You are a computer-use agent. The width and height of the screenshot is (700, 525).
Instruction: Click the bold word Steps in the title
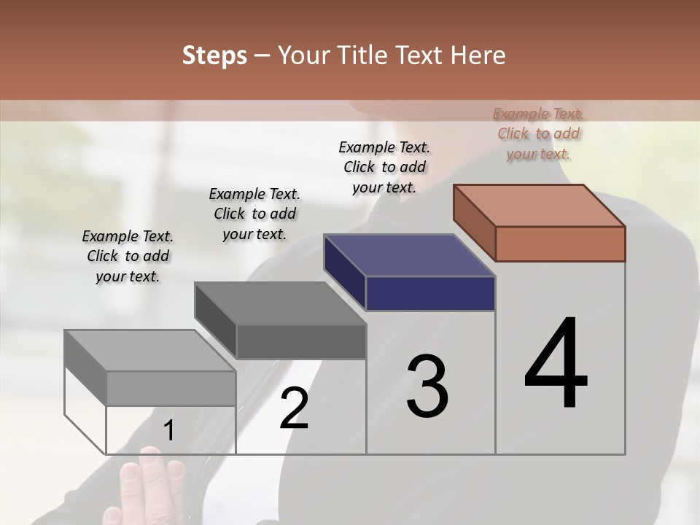pyautogui.click(x=214, y=55)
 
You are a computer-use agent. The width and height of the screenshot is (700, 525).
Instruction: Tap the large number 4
pyautogui.click(x=556, y=364)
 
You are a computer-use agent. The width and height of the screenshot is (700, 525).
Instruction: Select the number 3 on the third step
pyautogui.click(x=427, y=386)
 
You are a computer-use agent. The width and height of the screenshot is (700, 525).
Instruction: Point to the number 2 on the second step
pyautogui.click(x=294, y=408)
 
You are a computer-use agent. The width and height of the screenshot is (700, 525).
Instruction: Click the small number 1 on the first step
pyautogui.click(x=169, y=431)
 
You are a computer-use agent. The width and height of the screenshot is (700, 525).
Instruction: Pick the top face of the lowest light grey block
pyautogui.click(x=150, y=351)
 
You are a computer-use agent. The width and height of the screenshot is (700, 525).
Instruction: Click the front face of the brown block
pyautogui.click(x=560, y=244)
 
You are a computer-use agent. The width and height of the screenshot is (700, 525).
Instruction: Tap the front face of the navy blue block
pyautogui.click(x=430, y=293)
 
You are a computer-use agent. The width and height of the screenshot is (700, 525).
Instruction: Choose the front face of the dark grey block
pyautogui.click(x=300, y=341)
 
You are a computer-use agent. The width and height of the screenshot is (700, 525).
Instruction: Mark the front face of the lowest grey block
pyautogui.click(x=171, y=388)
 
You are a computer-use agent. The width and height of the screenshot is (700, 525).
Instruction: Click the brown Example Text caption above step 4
pyautogui.click(x=539, y=133)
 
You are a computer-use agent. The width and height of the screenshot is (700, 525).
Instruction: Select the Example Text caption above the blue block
pyautogui.click(x=384, y=167)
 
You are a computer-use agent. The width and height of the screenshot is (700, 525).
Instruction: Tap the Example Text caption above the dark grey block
pyautogui.click(x=254, y=214)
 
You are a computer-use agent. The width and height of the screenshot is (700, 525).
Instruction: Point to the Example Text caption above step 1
pyautogui.click(x=128, y=256)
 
